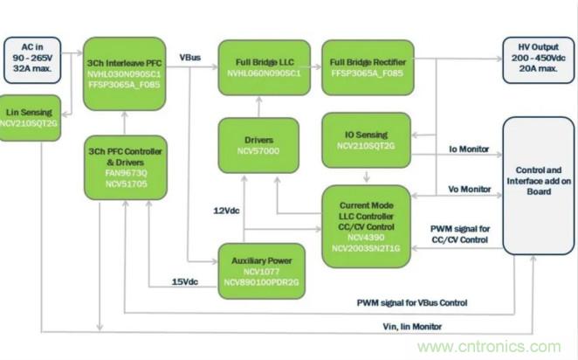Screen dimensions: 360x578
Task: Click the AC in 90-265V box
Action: [x=33, y=59]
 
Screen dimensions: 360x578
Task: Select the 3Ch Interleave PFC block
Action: [x=125, y=73]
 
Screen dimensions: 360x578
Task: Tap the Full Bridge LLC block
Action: [x=265, y=66]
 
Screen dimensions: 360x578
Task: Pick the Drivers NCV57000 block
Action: [x=258, y=145]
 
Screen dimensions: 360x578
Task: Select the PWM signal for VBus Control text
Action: [x=412, y=302]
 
